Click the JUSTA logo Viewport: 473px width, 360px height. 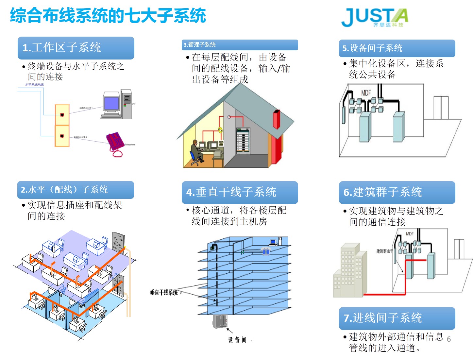point(374,17)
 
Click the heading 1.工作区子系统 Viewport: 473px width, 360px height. point(62,48)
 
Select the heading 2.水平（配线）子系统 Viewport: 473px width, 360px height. point(64,190)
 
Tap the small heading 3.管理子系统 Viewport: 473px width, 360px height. point(200,45)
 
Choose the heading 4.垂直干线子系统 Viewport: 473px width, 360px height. point(231,192)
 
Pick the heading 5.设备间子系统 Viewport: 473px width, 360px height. point(372,48)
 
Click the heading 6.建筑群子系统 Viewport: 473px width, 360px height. point(382,192)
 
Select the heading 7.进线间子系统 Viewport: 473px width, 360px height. point(382,318)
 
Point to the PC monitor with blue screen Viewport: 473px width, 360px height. point(111,104)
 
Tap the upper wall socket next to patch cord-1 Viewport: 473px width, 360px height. point(62,115)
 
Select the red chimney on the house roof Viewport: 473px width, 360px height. point(277,119)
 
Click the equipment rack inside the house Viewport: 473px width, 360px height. point(243,141)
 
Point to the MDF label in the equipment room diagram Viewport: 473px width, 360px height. point(366,93)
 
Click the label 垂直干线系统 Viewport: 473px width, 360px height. point(164,292)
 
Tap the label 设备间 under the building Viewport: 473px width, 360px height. point(237,340)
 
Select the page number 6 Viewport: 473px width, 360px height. point(449,339)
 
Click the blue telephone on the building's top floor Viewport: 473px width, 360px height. point(266,251)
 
